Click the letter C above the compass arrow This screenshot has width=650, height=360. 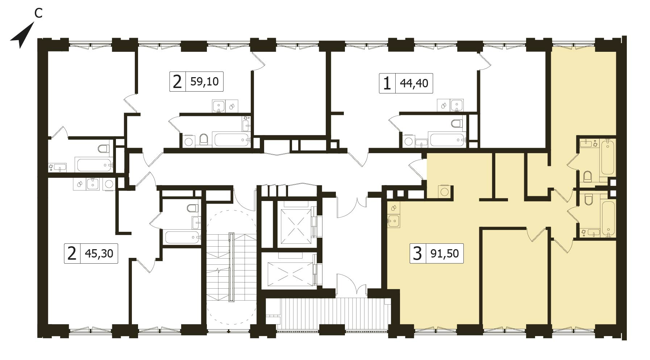pos(38,13)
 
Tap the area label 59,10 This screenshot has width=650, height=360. pos(204,81)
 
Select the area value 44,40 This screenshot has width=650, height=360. pos(414,84)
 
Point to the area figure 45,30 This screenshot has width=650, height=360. pos(99,253)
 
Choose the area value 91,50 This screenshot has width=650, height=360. pos(445,253)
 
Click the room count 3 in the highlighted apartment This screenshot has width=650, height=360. pos(417,253)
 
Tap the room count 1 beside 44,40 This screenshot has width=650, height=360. pos(387,84)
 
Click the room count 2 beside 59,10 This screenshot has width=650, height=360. pos(177,81)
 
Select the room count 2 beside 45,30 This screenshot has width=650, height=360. pos(72,253)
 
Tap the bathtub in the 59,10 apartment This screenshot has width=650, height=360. pos(232,139)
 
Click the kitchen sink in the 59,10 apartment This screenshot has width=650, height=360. pos(218,106)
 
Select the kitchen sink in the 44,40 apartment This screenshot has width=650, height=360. pos(457,105)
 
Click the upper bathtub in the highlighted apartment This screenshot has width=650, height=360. pos(608,158)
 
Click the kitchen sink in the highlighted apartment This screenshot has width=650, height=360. pos(393,220)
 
